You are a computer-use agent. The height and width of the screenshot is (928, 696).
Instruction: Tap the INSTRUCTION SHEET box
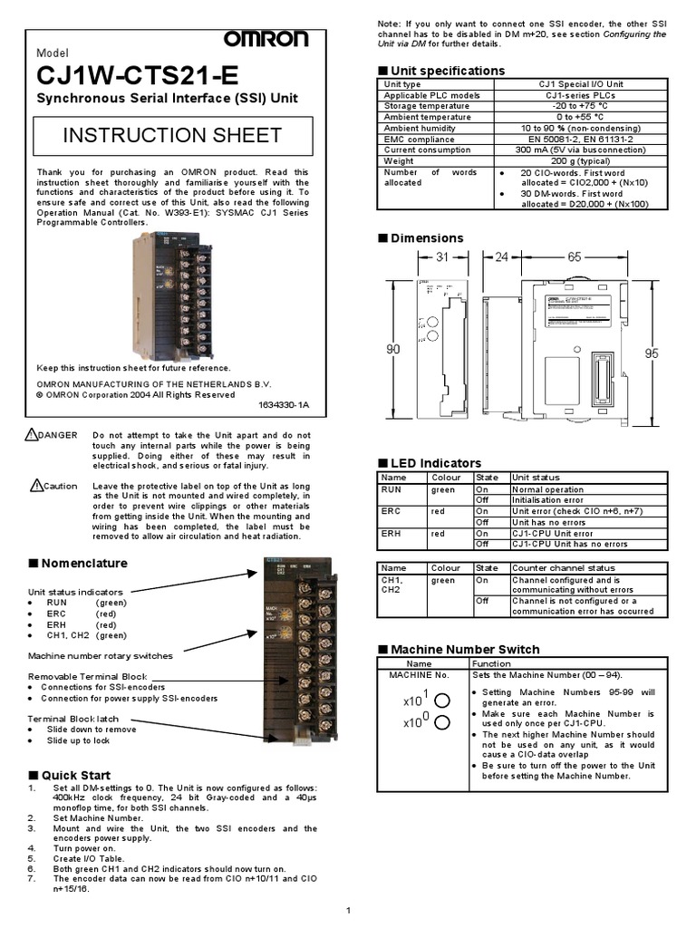coord(172,136)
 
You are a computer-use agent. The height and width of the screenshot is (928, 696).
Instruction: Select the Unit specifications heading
coord(447,71)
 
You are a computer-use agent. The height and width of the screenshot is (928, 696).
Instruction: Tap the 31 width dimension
coord(442,257)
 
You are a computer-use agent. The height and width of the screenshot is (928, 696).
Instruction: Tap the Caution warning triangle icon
coord(35,486)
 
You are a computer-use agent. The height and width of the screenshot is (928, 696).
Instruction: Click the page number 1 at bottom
coord(348,909)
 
